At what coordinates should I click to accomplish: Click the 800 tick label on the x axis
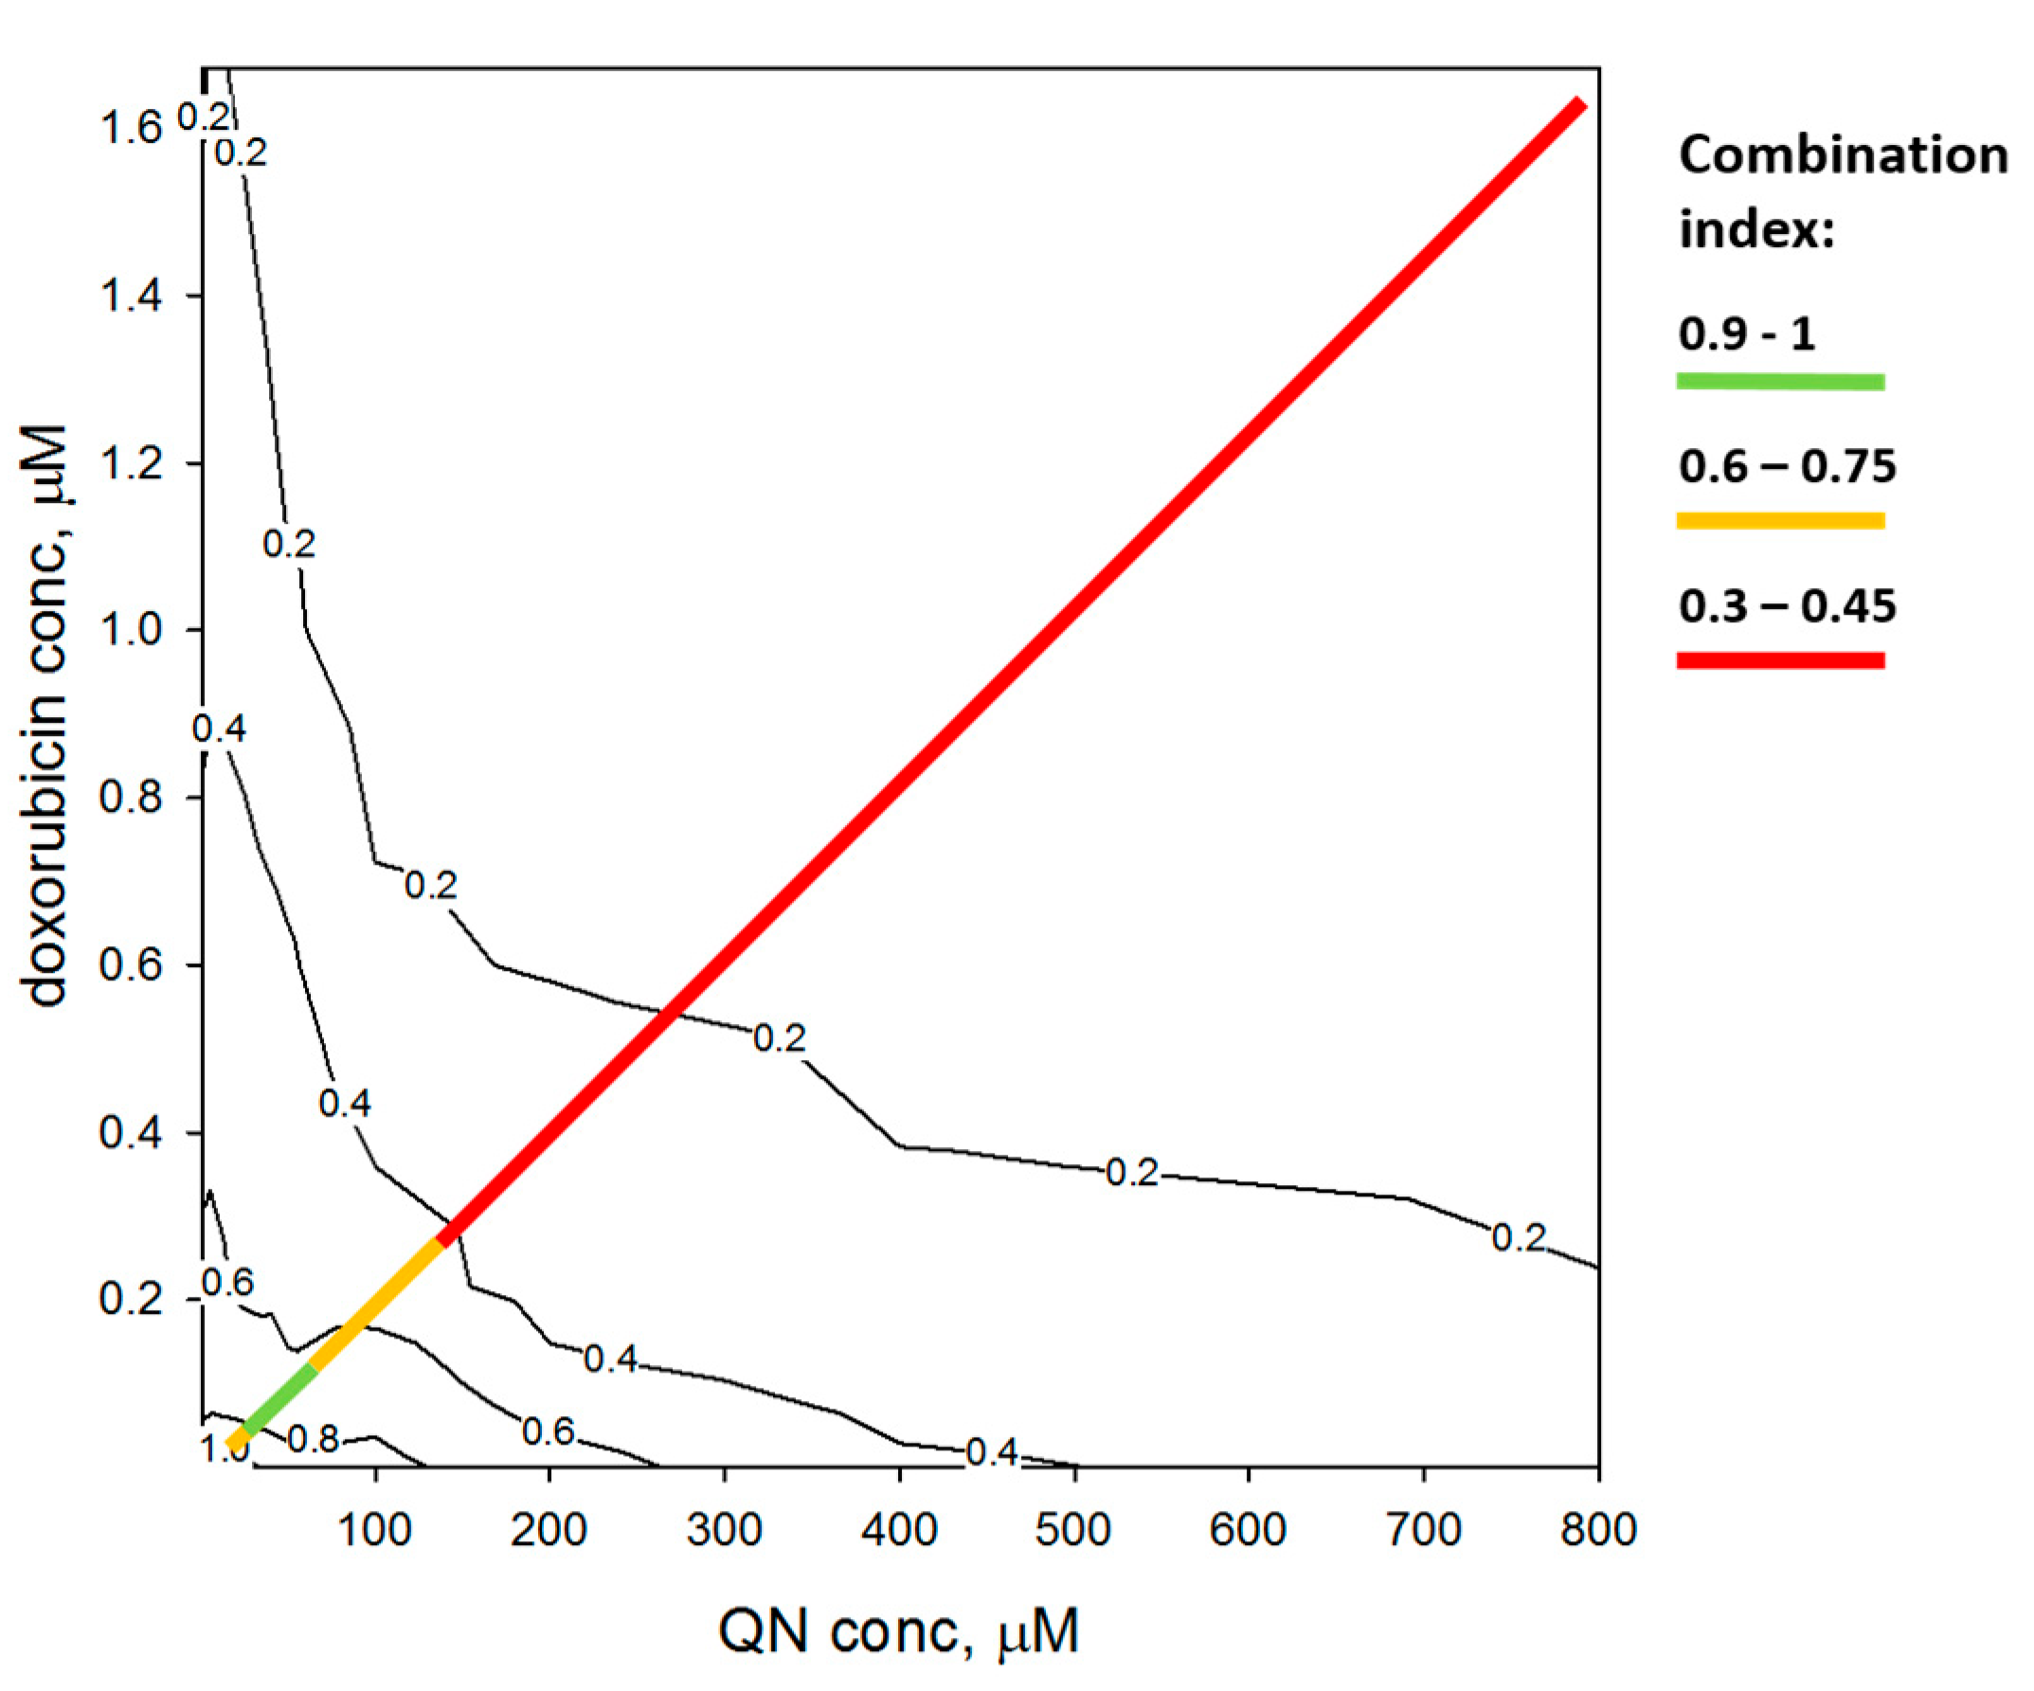(1599, 1530)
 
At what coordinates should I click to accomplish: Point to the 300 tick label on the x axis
(725, 1530)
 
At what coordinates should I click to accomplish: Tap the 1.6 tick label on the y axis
(131, 128)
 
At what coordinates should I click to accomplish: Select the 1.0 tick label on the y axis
(131, 631)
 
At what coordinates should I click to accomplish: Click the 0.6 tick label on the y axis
(131, 965)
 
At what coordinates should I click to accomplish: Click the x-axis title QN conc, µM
(898, 1631)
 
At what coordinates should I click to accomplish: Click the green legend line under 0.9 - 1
(1780, 382)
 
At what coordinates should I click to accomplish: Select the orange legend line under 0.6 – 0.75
(1780, 521)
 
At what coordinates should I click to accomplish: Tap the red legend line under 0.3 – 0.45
(1780, 660)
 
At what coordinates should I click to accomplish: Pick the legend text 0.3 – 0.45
(1787, 607)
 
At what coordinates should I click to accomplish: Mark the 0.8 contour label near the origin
(314, 1440)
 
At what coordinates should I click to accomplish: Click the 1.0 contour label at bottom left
(223, 1449)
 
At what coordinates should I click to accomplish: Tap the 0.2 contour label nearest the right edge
(1518, 1237)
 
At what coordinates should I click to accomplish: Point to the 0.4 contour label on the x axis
(992, 1451)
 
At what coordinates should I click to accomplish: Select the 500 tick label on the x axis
(1073, 1530)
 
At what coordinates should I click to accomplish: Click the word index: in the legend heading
(1756, 230)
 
